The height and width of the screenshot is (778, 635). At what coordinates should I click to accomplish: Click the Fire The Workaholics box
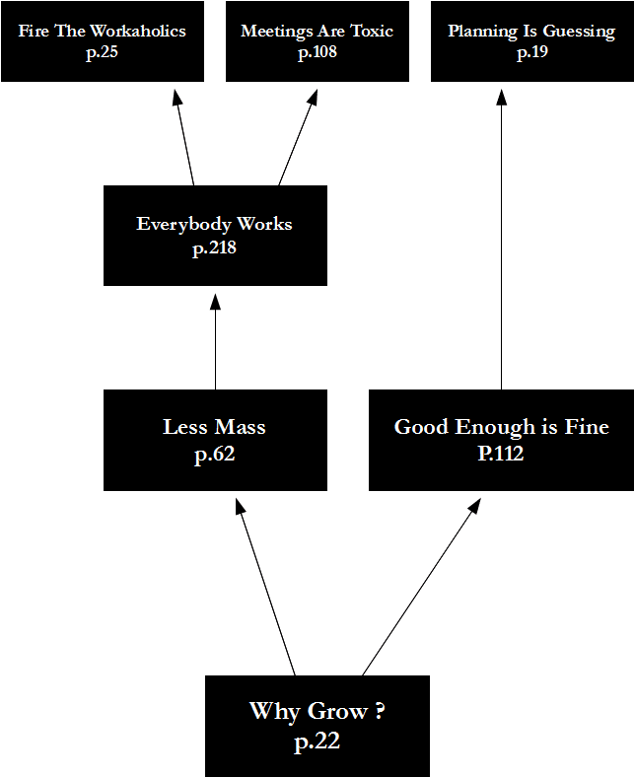pyautogui.click(x=102, y=40)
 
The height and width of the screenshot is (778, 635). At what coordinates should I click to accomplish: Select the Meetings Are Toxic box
pyautogui.click(x=317, y=40)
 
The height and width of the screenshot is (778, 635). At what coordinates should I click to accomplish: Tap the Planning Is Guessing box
pyautogui.click(x=531, y=40)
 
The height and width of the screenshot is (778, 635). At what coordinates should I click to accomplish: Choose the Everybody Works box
pyautogui.click(x=215, y=235)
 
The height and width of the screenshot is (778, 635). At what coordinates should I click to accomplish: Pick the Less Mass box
pyautogui.click(x=215, y=440)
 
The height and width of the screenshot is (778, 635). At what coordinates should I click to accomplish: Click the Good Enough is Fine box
pyautogui.click(x=501, y=440)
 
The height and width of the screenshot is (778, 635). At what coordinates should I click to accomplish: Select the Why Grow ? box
pyautogui.click(x=317, y=726)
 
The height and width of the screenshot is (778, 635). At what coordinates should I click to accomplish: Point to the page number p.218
pyautogui.click(x=215, y=249)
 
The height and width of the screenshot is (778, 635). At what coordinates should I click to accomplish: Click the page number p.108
pyautogui.click(x=317, y=52)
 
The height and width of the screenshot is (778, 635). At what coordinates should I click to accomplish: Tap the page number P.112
pyautogui.click(x=501, y=455)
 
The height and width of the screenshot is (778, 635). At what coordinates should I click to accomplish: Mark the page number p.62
pyautogui.click(x=215, y=455)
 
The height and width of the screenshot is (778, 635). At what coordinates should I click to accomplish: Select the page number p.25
pyautogui.click(x=102, y=52)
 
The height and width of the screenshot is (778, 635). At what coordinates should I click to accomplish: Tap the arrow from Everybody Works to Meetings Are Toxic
pyautogui.click(x=298, y=138)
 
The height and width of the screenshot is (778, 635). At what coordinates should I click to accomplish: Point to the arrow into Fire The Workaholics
pyautogui.click(x=184, y=138)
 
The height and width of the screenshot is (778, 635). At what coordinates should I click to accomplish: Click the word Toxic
pyautogui.click(x=371, y=32)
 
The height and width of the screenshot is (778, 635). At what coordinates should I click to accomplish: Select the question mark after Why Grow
pyautogui.click(x=380, y=711)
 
